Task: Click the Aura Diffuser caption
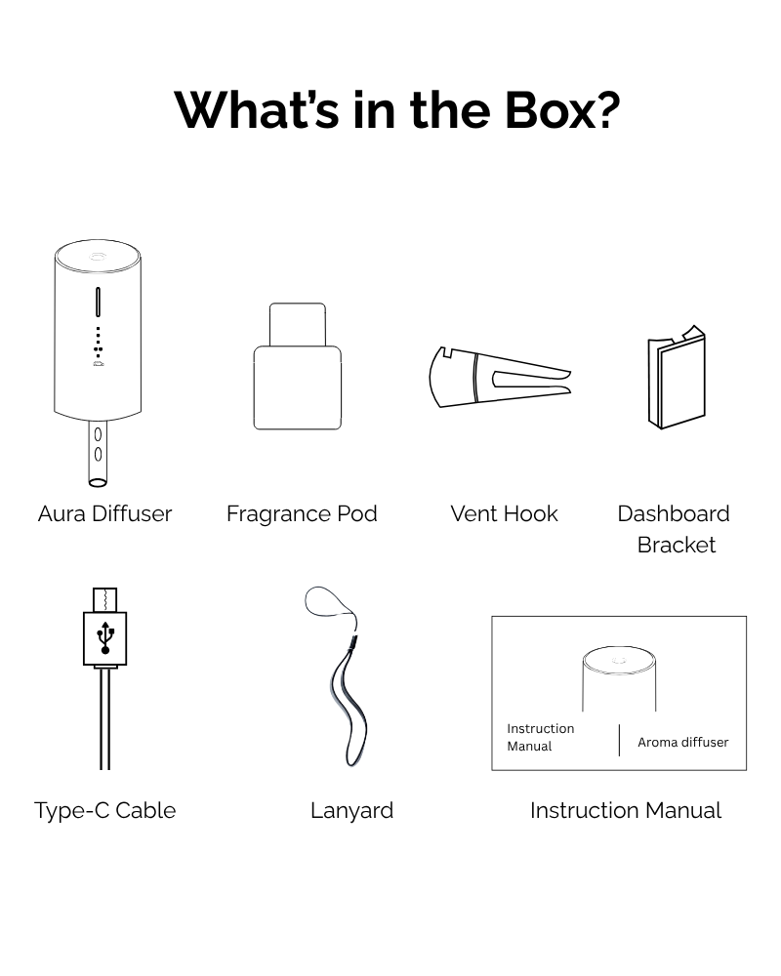104,513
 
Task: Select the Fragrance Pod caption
302,513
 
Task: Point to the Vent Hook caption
504,513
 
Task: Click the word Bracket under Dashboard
676,545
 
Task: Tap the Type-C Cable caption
104,810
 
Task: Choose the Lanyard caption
351,810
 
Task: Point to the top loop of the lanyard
328,603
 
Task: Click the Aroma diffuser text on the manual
682,742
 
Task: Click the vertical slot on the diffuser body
98,303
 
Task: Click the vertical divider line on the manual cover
619,740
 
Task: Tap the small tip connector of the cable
105,598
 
